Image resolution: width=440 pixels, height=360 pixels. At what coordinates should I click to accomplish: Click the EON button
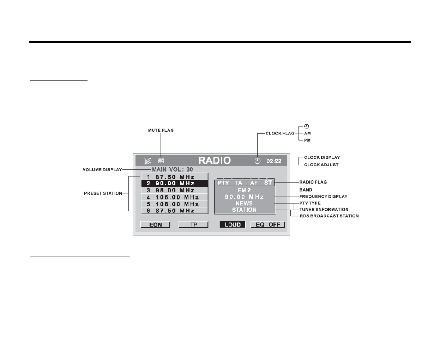click(x=155, y=225)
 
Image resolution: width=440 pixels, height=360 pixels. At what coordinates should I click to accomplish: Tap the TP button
click(x=193, y=225)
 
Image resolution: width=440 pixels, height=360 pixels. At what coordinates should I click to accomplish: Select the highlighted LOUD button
click(x=233, y=225)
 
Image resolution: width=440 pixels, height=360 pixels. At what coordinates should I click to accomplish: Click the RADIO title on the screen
click(x=215, y=161)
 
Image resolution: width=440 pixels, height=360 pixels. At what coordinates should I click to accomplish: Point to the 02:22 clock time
click(x=274, y=161)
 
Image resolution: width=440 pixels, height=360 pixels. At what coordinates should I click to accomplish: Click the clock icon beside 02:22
click(x=258, y=161)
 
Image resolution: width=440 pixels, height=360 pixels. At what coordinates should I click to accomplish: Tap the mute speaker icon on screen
click(x=161, y=161)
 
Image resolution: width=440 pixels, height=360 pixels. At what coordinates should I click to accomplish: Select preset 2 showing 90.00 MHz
click(x=174, y=184)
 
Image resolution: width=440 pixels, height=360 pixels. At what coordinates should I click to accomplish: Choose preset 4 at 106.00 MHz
click(x=174, y=197)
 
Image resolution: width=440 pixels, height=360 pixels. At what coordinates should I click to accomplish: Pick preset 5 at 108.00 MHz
click(x=174, y=204)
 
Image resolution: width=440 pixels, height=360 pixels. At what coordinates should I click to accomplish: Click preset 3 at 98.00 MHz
click(x=174, y=190)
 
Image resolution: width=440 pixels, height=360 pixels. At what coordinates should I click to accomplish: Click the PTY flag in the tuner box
click(x=223, y=183)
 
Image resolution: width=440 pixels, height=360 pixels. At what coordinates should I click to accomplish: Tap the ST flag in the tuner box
click(x=268, y=183)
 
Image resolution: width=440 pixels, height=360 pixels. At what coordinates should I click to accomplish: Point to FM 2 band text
click(x=244, y=190)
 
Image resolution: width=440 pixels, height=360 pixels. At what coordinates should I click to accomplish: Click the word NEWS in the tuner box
click(x=244, y=203)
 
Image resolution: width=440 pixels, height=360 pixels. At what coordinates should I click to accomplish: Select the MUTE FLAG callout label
click(x=161, y=130)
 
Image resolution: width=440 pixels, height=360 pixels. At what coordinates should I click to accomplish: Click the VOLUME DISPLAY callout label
click(x=102, y=170)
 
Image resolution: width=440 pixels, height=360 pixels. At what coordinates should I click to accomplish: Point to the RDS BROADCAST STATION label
click(x=329, y=216)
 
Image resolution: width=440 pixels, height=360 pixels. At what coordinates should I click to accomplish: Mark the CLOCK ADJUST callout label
click(x=321, y=165)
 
